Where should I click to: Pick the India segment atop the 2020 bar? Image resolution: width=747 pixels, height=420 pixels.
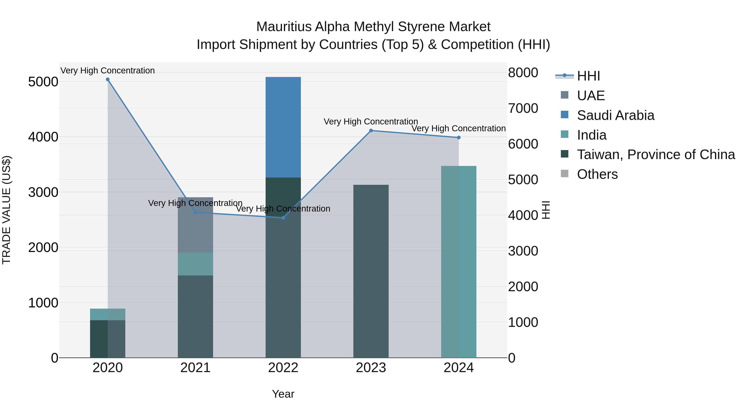point(107,314)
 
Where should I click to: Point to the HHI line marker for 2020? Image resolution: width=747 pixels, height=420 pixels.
point(107,79)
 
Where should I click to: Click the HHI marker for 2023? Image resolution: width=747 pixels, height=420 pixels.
point(371,130)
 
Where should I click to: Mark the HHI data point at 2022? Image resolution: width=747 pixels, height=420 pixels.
point(283,218)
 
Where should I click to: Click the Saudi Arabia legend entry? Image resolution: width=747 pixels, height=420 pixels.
point(615,115)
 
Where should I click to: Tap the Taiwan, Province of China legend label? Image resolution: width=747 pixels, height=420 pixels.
point(656,155)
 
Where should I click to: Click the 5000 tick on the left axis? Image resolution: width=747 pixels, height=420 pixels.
point(43,82)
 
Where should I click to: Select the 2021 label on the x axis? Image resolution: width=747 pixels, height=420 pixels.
point(195,368)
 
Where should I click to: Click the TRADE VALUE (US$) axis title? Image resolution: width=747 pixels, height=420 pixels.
point(6,210)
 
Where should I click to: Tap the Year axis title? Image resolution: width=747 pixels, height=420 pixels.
point(283,394)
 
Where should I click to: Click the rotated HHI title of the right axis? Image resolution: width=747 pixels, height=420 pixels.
point(546,210)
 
